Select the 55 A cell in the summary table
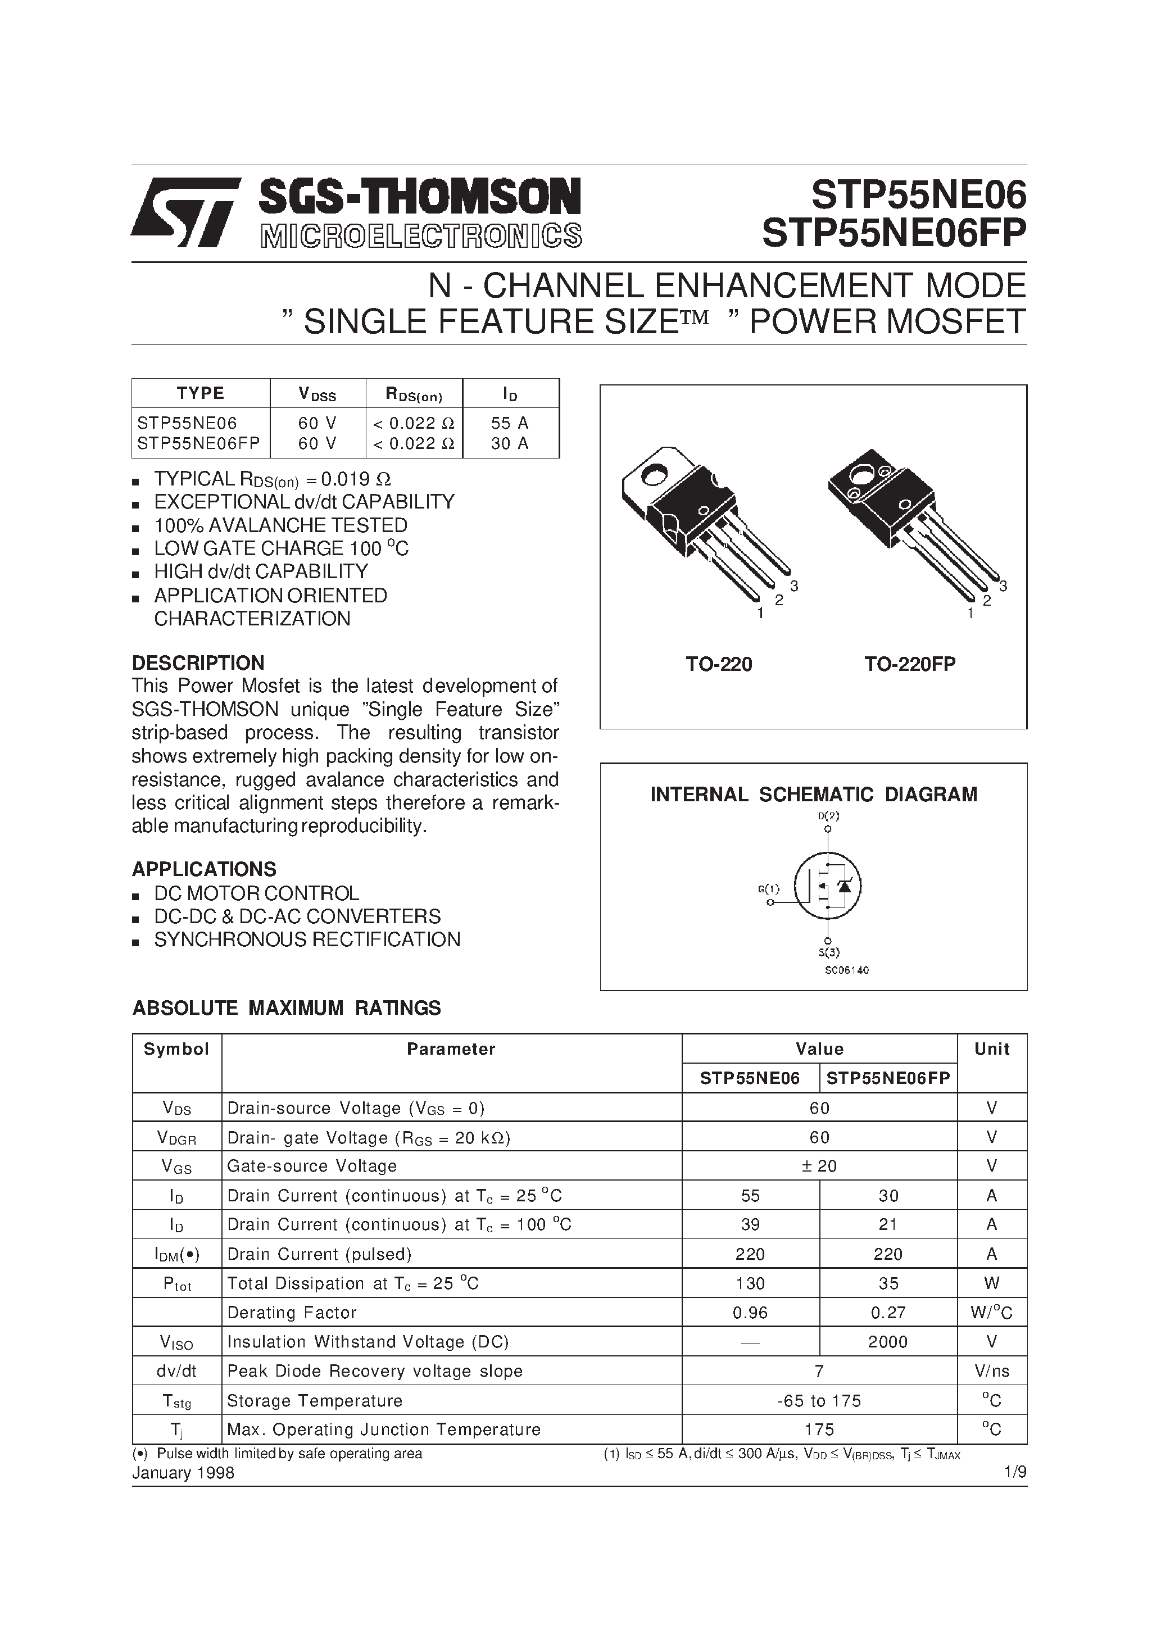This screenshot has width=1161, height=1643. click(x=510, y=423)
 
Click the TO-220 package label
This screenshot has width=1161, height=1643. click(x=719, y=665)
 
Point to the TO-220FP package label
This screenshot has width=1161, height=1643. click(x=909, y=665)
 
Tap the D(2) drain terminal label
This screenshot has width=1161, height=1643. click(x=828, y=816)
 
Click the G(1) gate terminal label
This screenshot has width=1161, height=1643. click(x=768, y=889)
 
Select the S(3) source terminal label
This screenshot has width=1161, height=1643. click(x=829, y=952)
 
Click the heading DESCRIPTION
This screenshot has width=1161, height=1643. click(x=198, y=662)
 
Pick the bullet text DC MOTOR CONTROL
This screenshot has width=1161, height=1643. click(x=256, y=894)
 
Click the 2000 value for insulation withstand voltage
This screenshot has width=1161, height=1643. click(x=887, y=1342)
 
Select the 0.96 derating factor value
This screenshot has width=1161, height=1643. click(x=750, y=1313)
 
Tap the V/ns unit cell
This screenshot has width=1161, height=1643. click(x=991, y=1372)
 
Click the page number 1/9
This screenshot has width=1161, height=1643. click(x=1015, y=1473)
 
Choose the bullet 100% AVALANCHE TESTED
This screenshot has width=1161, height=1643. click(x=280, y=526)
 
